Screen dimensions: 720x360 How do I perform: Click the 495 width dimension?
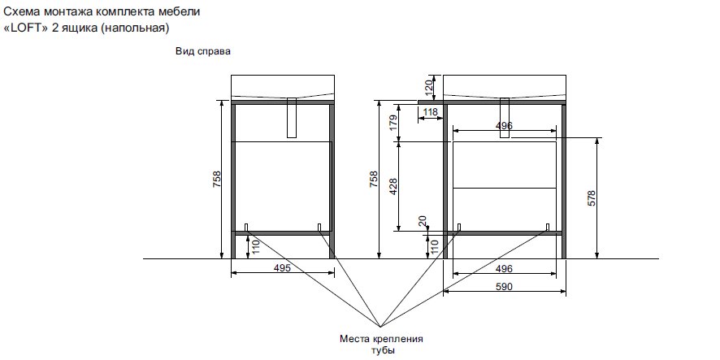(282, 267)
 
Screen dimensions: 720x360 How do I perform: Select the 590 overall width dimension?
(504, 287)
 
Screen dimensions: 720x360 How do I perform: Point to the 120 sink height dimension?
(429, 87)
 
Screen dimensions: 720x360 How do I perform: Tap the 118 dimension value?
(430, 111)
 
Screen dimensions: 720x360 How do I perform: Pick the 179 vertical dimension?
(393, 123)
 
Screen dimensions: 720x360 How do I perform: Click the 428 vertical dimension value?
(393, 186)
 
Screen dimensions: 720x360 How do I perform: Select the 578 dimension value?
(592, 198)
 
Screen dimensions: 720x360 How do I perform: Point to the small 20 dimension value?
(423, 221)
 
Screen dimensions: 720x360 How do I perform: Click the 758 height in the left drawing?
(217, 179)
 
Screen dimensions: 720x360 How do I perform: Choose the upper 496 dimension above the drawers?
(504, 126)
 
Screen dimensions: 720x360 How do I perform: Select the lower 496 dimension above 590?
(504, 269)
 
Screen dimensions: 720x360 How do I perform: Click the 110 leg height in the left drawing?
(256, 247)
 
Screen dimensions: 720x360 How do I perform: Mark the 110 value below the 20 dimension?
(435, 247)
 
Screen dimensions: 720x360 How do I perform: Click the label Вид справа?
(203, 51)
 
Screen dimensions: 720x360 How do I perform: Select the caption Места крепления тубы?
(381, 345)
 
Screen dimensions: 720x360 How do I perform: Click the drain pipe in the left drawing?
(292, 118)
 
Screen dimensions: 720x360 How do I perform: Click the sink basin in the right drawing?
(504, 87)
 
